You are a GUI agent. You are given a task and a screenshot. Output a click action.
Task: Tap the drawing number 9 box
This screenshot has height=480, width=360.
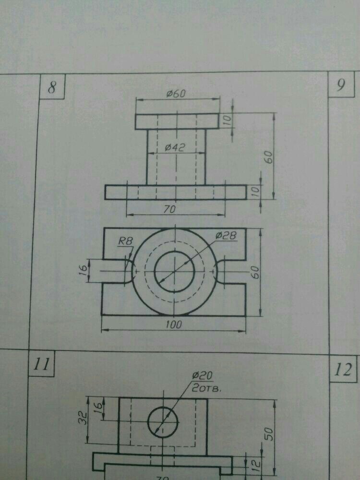341,85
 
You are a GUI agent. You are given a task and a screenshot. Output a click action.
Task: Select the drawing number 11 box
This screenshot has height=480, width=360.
41,365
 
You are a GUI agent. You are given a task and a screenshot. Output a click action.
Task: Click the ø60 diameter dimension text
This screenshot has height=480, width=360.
176,94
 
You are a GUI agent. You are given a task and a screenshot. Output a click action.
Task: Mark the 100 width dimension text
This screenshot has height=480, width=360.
174,325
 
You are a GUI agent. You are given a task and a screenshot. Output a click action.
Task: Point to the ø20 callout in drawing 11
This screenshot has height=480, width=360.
202,376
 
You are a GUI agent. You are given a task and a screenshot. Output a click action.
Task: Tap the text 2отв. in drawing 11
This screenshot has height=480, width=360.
206,388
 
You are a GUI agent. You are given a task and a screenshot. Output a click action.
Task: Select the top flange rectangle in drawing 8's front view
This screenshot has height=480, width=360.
176,121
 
